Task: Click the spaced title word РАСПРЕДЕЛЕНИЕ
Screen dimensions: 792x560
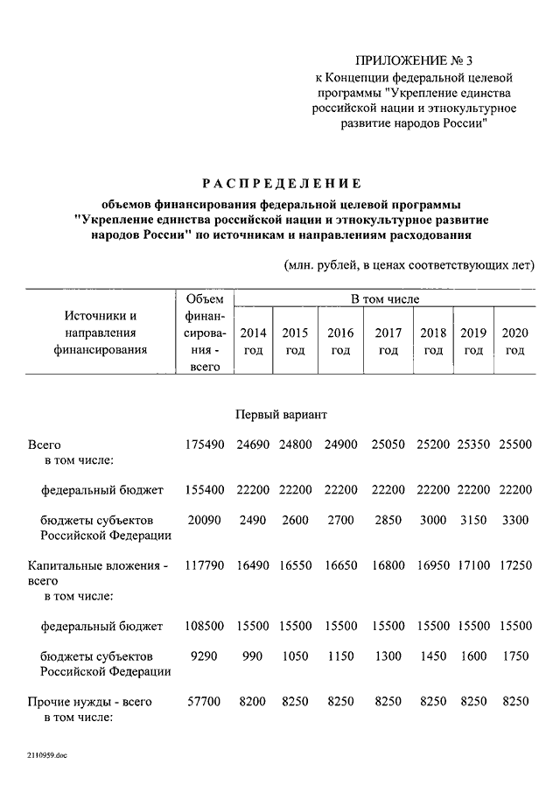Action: click(282, 183)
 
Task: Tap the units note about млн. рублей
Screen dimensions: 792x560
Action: click(409, 265)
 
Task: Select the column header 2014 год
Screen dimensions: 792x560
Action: click(253, 341)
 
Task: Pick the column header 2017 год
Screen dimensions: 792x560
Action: click(388, 341)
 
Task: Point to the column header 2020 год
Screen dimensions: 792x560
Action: click(514, 341)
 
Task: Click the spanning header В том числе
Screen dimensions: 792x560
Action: click(385, 299)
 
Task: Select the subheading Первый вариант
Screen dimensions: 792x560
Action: click(281, 412)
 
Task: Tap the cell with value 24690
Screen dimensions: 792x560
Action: click(253, 445)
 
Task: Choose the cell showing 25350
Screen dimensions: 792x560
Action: click(473, 445)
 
